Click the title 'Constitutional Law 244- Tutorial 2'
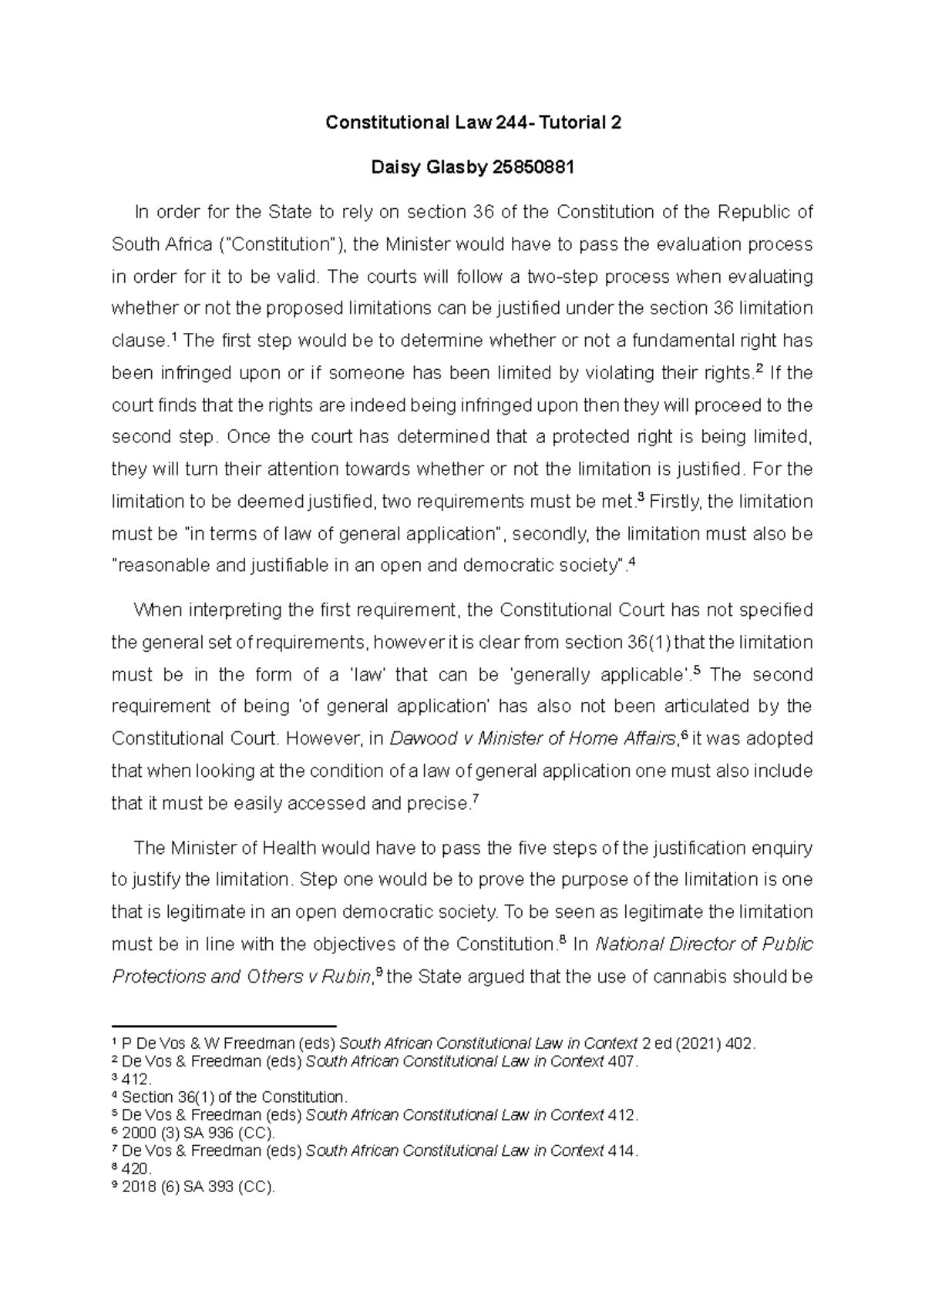pyautogui.click(x=473, y=123)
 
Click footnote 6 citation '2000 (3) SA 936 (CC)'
pyautogui.click(x=199, y=1134)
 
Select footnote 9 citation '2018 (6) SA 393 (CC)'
pyautogui.click(x=199, y=1187)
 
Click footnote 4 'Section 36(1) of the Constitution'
pyautogui.click(x=235, y=1097)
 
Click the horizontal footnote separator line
pyautogui.click(x=224, y=1027)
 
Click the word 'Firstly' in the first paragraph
pyautogui.click(x=674, y=502)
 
